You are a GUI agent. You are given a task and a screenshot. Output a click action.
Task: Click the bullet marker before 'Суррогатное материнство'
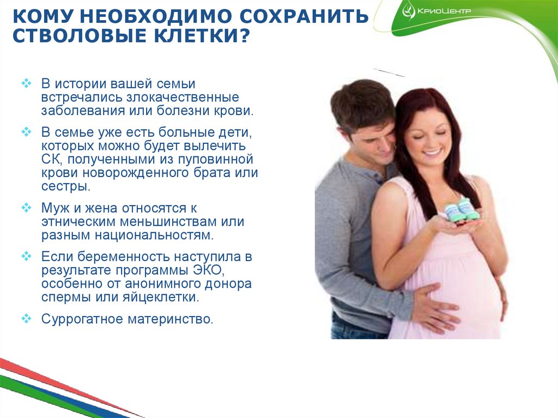click(27, 318)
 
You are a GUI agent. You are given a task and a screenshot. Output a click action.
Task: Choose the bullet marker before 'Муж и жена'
click(27, 208)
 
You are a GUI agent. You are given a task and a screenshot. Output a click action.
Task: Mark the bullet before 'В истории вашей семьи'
click(27, 83)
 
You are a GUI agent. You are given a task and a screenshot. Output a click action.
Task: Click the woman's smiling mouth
click(430, 153)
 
